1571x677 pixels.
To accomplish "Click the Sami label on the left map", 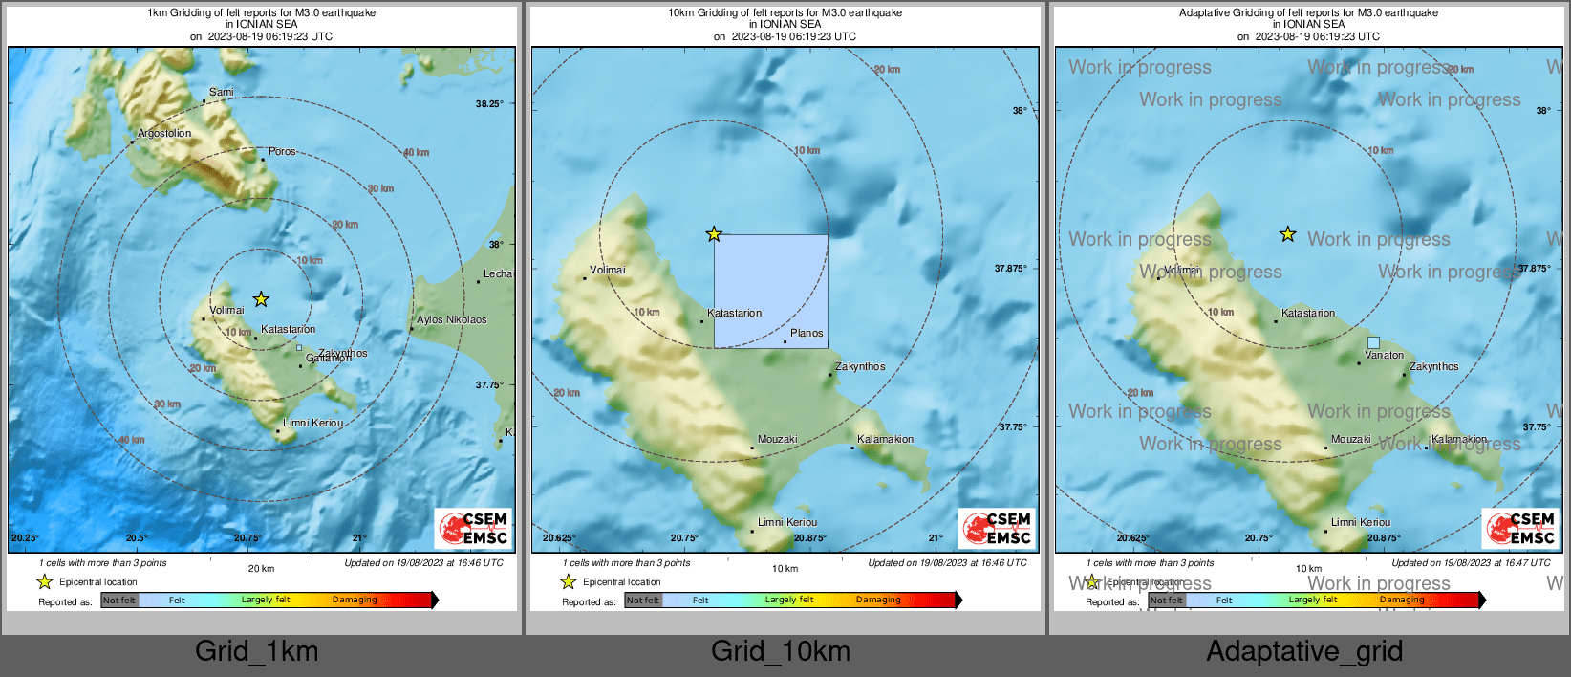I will point(221,93).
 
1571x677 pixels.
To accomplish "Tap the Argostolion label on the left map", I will point(164,134).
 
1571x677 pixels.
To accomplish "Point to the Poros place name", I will point(282,152).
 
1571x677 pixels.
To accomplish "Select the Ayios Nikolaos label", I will point(451,320).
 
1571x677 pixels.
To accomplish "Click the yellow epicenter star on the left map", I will point(261,299).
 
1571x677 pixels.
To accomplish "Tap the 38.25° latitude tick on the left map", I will point(489,104).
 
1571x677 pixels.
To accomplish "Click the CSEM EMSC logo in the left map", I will point(474,528).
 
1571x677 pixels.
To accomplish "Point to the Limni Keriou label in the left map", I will point(312,423).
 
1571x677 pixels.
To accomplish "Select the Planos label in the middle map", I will point(807,334).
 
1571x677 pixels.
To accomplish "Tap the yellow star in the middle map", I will point(714,234).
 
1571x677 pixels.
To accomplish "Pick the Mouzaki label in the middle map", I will point(777,440).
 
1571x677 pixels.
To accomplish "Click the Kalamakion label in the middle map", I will point(885,440).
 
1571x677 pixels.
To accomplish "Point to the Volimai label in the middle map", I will point(607,271).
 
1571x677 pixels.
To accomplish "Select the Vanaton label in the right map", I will point(1384,356).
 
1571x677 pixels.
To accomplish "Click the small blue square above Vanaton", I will point(1373,342).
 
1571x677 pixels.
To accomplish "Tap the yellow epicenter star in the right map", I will point(1288,234).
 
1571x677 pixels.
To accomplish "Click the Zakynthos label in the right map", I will point(1433,367).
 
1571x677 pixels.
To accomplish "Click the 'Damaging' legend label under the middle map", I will point(878,600).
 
